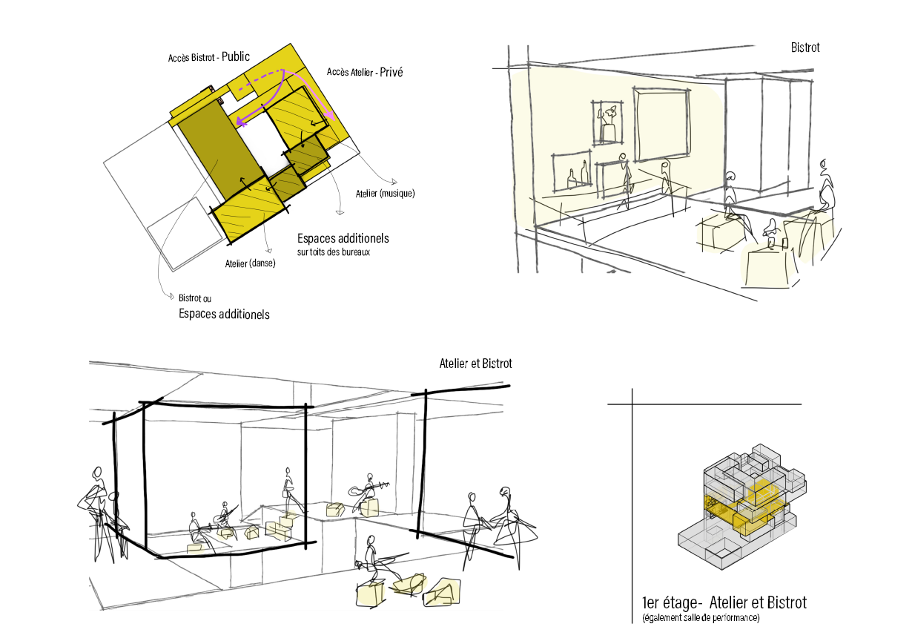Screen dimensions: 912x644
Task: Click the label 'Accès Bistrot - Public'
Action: click(209, 57)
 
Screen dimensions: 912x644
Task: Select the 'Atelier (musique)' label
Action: click(385, 194)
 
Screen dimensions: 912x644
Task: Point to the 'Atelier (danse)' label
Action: click(250, 263)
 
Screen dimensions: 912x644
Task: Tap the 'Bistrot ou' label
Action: click(195, 298)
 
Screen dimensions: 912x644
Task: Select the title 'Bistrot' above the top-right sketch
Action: click(805, 47)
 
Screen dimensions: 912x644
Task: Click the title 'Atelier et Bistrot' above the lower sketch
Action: click(475, 364)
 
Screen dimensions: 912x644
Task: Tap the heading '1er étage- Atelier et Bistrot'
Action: click(724, 602)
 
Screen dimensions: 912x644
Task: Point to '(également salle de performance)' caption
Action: click(701, 618)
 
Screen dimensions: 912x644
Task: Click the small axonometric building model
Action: click(741, 505)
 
